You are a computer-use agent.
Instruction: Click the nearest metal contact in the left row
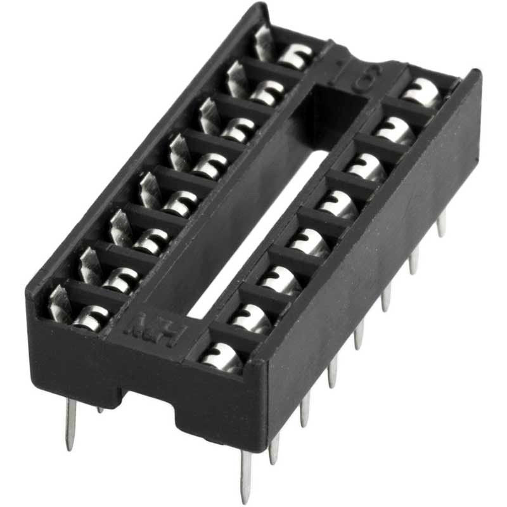[89, 317]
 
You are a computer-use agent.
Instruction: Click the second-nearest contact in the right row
[252, 316]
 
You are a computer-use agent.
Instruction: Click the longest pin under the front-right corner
[245, 475]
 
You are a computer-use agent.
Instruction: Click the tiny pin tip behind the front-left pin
[100, 410]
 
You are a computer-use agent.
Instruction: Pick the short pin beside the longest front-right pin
[274, 448]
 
